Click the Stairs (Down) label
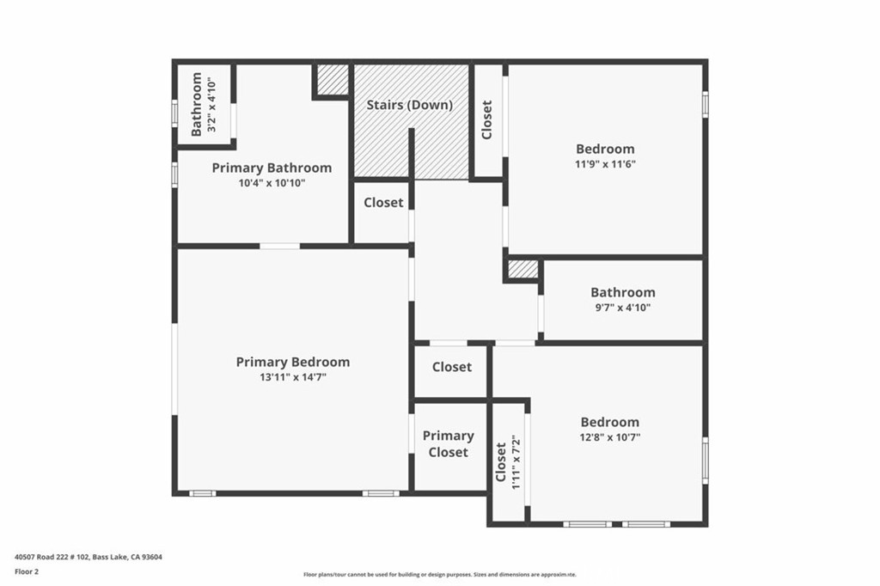tap(409, 105)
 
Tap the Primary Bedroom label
tap(293, 362)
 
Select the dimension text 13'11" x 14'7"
tap(293, 377)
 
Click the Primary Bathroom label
tap(272, 168)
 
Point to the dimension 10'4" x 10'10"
tap(272, 183)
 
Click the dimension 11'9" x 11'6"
tap(605, 164)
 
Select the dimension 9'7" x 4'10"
tap(622, 308)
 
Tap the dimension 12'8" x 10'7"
tap(610, 437)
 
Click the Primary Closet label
tap(448, 444)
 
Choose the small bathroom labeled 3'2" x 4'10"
tap(203, 104)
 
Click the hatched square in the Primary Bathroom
tap(331, 80)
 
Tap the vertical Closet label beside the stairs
tap(487, 120)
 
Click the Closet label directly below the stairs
tap(383, 203)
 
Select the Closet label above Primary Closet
tap(451, 367)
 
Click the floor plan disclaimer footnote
tap(439, 575)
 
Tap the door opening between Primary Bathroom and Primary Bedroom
tap(279, 246)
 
